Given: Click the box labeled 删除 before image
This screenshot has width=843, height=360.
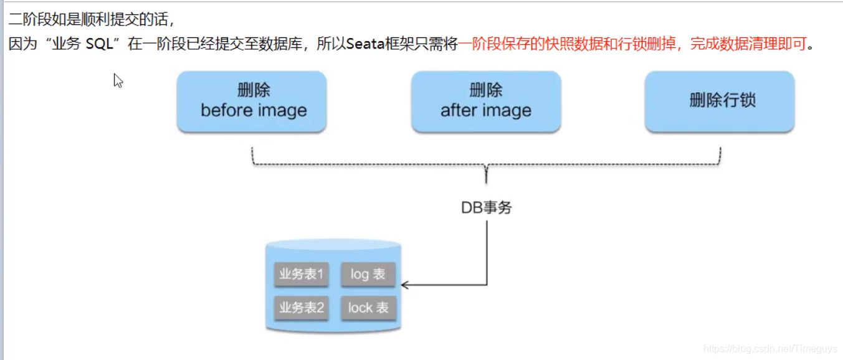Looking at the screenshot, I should coord(252,101).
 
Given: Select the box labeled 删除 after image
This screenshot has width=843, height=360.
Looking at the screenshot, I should coord(486,101).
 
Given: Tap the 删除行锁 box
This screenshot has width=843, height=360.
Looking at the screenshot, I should coord(720,101).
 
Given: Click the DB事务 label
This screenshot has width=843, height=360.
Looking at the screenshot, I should coord(486,208).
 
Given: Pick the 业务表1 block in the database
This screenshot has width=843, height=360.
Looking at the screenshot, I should coord(302,274).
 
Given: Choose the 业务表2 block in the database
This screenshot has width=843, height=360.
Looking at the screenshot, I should coord(302,308).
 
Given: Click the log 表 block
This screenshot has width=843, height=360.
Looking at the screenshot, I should coord(368,274).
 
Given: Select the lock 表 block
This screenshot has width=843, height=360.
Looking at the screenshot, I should coord(368,308).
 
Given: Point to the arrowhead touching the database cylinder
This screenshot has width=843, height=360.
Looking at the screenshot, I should coord(405,285).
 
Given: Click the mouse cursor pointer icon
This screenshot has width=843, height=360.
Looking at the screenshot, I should coord(117,80).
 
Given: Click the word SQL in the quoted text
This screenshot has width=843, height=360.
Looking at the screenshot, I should coord(100,44).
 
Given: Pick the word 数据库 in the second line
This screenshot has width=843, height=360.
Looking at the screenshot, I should coord(288,44).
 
